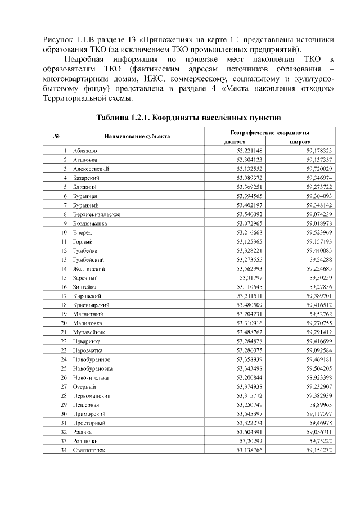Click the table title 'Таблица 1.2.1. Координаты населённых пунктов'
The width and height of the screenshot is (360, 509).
(x=185, y=118)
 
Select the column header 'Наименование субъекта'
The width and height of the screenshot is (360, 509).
(x=137, y=137)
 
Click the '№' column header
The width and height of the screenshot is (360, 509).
(x=57, y=137)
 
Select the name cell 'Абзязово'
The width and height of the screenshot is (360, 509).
(x=85, y=151)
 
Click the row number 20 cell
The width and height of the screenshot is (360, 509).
(x=64, y=323)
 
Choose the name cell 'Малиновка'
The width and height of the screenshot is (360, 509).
(x=88, y=323)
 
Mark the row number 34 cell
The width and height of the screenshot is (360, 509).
(x=64, y=451)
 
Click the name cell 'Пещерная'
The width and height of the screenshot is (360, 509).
(x=86, y=405)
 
